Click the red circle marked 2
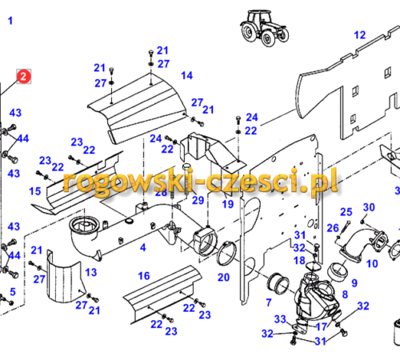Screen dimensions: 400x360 24,77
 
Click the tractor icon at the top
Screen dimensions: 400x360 264,28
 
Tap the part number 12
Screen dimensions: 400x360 359,35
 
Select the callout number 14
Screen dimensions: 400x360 186,75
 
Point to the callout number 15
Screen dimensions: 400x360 35,191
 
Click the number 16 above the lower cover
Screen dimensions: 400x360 144,276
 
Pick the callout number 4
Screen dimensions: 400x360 143,247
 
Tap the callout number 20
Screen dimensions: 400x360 223,278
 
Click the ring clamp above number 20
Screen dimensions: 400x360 227,253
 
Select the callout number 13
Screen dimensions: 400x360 91,272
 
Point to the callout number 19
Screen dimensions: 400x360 228,204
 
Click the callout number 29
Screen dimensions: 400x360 198,200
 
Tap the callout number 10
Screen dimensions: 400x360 372,264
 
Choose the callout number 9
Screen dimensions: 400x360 354,282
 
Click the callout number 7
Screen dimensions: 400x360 269,302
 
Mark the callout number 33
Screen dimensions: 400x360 280,319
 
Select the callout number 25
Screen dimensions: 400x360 346,212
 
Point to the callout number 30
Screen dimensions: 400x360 369,207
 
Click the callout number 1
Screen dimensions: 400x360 10,21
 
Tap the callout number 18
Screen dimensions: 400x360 299,261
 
